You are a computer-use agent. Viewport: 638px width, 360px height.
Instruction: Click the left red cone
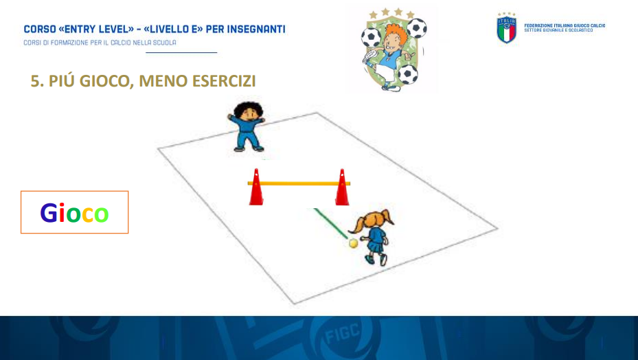(256, 188)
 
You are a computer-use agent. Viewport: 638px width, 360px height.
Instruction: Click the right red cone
(342, 188)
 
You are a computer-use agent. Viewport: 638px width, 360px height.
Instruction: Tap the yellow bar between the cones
(299, 183)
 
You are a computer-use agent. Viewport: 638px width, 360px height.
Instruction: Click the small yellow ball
(353, 243)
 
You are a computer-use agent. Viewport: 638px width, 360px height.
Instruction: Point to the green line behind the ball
(330, 223)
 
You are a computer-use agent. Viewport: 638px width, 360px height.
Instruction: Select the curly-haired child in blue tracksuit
(247, 126)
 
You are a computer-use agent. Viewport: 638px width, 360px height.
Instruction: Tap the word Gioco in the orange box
(74, 213)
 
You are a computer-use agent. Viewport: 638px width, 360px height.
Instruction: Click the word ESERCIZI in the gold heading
(224, 81)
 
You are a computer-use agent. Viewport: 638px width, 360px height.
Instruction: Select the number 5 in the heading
(35, 81)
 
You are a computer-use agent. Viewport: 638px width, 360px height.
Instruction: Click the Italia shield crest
(507, 27)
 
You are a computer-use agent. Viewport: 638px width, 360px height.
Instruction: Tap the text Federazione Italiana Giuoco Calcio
(565, 25)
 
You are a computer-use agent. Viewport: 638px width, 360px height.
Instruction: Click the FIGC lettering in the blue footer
(342, 335)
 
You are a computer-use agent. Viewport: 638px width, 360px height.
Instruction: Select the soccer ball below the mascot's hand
(408, 74)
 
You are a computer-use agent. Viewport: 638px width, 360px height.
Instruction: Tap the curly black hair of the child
(248, 109)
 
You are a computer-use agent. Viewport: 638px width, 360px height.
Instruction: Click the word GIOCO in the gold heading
(104, 81)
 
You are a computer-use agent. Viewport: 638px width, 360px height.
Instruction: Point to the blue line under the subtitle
(181, 52)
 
